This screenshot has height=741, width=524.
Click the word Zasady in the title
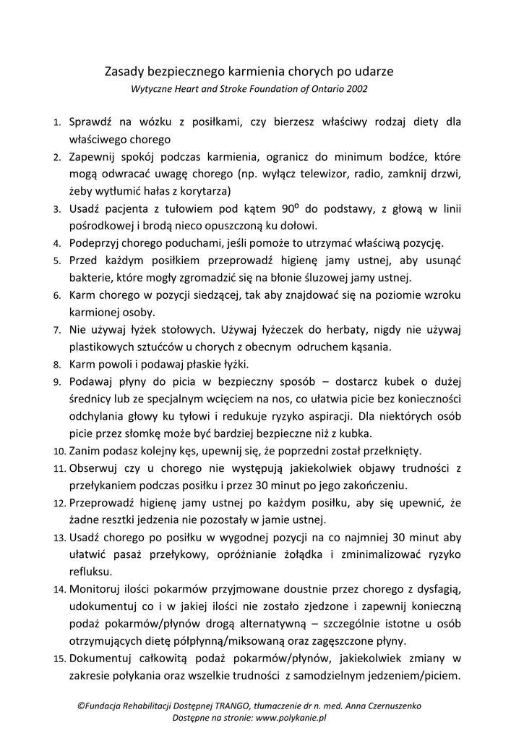[124, 72]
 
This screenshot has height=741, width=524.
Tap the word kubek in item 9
[392, 381]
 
